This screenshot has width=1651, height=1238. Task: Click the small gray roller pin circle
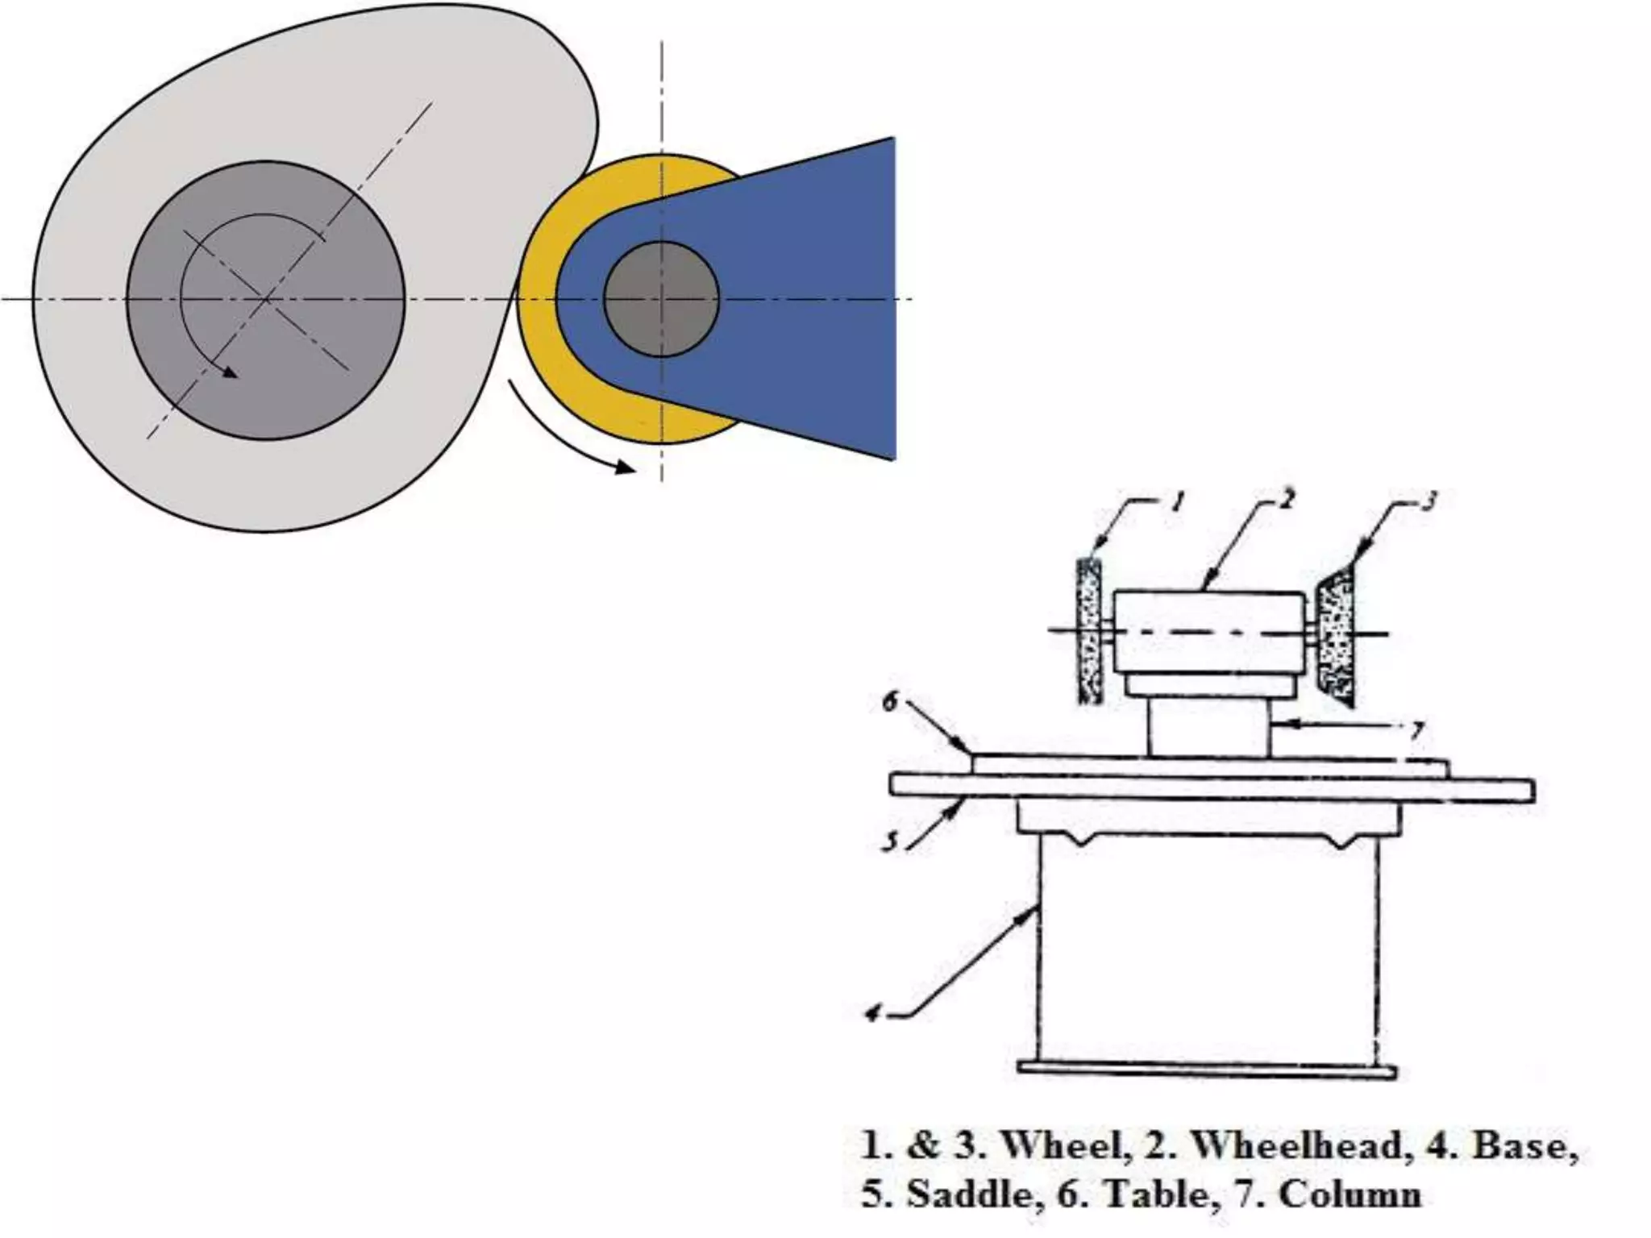(x=660, y=299)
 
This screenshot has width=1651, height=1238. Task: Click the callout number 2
(x=1287, y=500)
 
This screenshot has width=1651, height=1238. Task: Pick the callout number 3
(x=1428, y=502)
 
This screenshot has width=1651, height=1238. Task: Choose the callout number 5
(x=890, y=841)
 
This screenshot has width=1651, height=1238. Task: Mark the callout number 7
(x=1416, y=731)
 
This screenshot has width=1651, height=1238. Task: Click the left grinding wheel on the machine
(x=1090, y=632)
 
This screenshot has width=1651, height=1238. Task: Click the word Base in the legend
(x=1524, y=1146)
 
